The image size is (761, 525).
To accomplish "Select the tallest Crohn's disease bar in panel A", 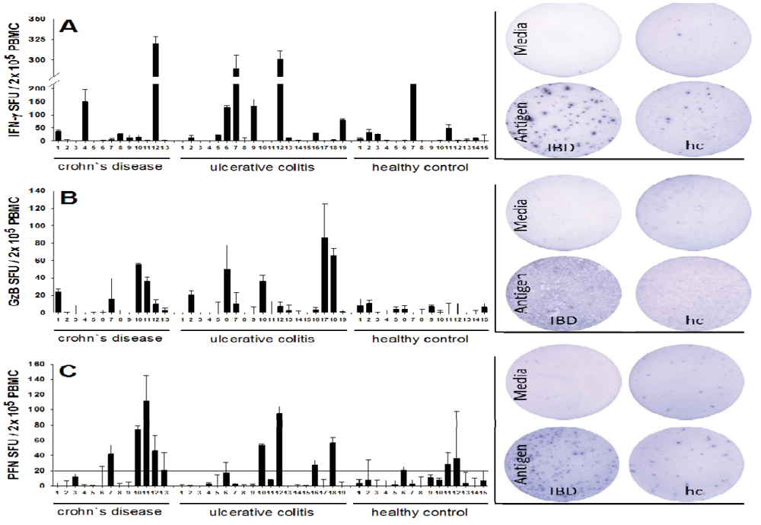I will click(x=155, y=91).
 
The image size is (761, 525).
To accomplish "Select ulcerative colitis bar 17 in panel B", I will click(x=324, y=275).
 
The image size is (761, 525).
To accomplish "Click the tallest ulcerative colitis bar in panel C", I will click(x=279, y=449).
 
